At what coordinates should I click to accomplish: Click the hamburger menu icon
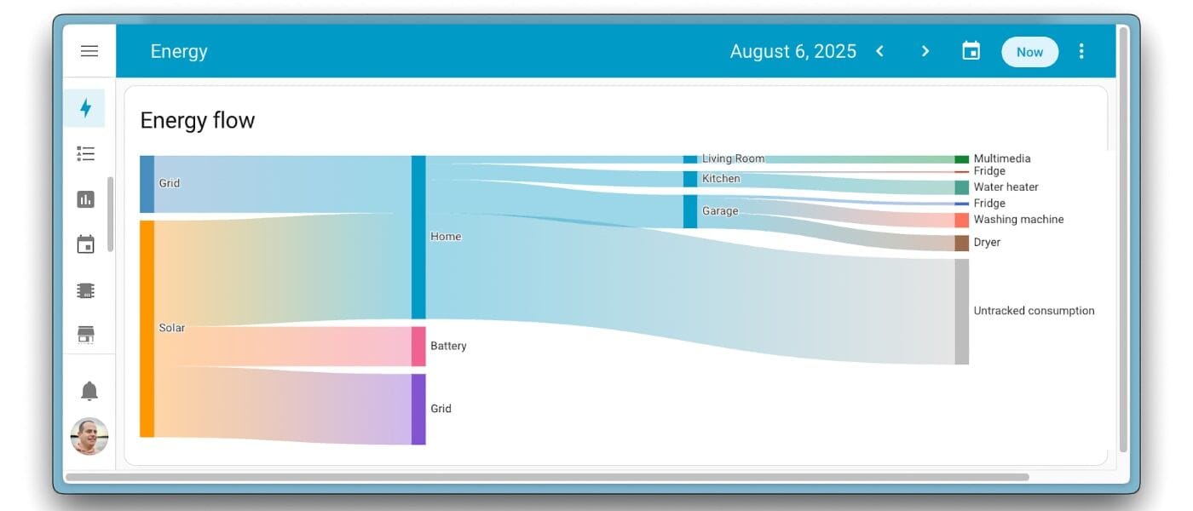89,51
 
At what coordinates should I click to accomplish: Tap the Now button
1029,52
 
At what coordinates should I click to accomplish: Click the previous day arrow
879,51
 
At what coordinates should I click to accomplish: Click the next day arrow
925,51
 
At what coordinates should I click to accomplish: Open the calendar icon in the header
971,51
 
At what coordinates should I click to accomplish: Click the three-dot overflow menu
1081,51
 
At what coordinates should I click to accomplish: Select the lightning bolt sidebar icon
85,108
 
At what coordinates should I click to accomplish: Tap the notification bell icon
89,391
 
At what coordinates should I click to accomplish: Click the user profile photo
89,436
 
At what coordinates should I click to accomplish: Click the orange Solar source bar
147,329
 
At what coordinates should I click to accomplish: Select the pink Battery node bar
418,347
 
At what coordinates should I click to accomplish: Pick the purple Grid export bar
418,410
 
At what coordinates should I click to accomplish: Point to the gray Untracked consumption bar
962,312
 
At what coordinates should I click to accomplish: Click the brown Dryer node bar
962,244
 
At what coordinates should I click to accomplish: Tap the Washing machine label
1018,220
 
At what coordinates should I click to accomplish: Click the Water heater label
1006,187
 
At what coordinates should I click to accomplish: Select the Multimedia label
1002,158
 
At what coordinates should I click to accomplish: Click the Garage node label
720,211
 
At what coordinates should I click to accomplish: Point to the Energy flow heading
198,120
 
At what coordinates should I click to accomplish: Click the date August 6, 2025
793,51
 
